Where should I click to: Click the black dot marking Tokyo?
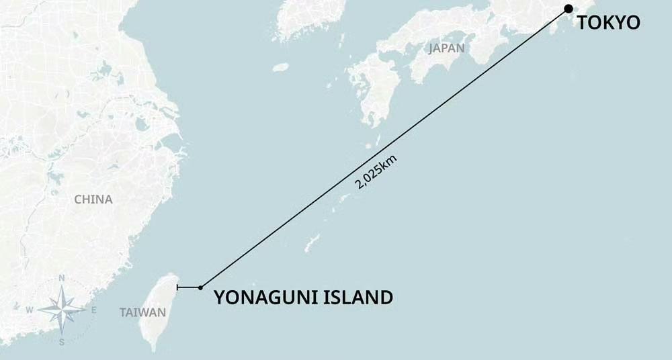click(569, 9)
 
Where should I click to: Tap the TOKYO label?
click(609, 23)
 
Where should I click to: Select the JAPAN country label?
click(446, 48)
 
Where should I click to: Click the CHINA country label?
click(93, 199)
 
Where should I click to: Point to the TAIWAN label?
click(142, 312)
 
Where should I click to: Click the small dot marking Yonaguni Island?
click(200, 287)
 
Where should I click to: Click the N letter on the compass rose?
click(61, 278)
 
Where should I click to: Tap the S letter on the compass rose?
click(61, 342)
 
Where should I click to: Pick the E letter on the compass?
click(93, 310)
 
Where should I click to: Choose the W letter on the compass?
click(30, 310)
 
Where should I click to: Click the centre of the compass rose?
click(61, 310)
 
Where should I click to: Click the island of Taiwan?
click(159, 309)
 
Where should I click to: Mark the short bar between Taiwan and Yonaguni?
click(188, 287)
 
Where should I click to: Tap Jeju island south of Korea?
click(281, 67)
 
